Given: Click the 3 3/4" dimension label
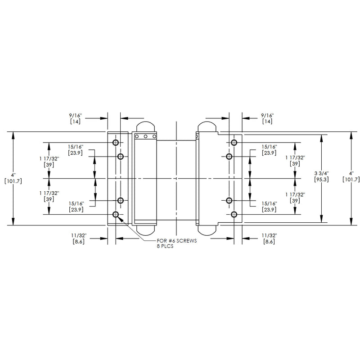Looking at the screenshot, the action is point(321,173).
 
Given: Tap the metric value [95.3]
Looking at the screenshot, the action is point(321,179).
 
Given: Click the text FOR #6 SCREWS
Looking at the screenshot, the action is point(177,241).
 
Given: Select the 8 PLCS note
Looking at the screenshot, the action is point(165,246).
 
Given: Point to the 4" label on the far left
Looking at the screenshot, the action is point(13,175).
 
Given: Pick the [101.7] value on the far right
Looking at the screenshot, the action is point(351,179).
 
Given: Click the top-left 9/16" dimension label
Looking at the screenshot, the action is point(76,115).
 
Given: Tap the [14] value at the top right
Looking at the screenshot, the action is point(267,121).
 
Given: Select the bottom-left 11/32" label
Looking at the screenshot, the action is point(79,235).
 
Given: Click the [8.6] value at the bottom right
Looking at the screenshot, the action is point(269,242).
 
